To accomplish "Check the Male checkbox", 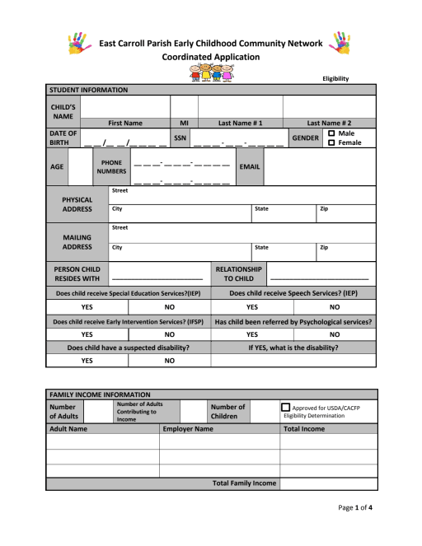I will coord(332,133).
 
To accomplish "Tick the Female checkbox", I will coord(332,143).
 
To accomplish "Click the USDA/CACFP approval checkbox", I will coord(286,408).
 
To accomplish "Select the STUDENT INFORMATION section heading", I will coord(89,90).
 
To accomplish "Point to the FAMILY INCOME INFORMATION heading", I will coord(100,395).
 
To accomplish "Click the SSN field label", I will coord(181,138).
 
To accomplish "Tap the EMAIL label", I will coord(249,167).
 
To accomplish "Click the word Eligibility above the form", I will coord(335,78).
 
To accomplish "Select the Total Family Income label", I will coord(245,483).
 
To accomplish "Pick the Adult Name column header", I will coord(68,429).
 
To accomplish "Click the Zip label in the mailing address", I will coord(324,247).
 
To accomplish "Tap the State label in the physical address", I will coord(261,209).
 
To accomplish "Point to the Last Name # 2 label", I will coord(330,123).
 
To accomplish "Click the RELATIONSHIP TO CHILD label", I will coord(238,274).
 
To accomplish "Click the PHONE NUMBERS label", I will coord(111,167).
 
